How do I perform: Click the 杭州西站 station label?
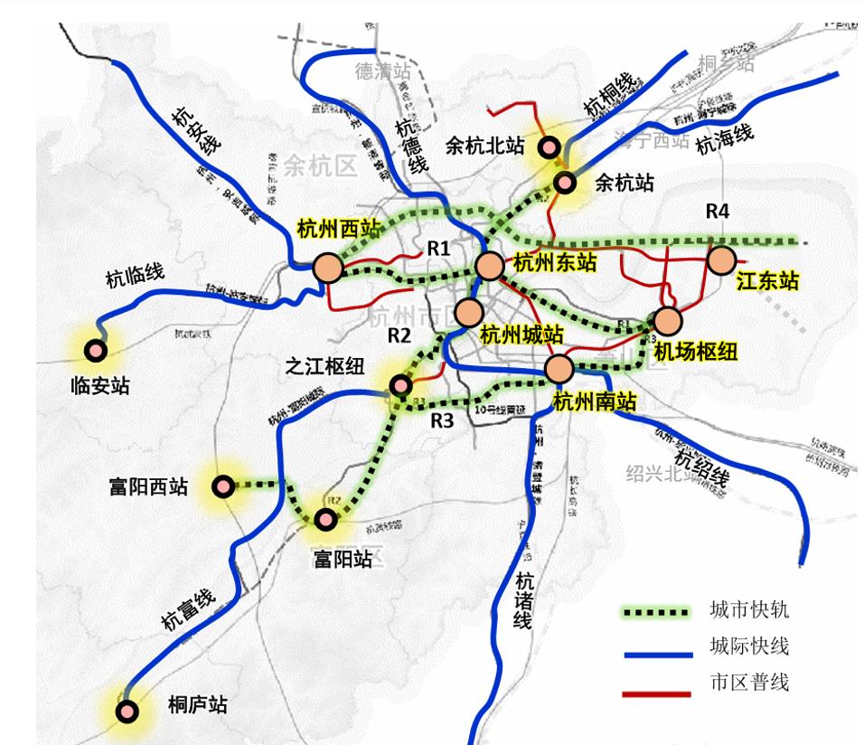340,231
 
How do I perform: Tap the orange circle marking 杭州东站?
488,266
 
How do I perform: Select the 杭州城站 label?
521,335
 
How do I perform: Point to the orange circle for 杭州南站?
559,368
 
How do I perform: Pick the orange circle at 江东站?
721,261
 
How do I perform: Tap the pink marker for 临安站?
94,349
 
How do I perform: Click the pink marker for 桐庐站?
128,712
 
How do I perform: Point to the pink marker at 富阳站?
325,519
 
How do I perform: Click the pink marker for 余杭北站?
548,146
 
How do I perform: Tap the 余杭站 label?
625,184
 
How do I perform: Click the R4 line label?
718,212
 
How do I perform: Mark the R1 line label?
439,248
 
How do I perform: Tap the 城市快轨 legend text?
749,610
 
